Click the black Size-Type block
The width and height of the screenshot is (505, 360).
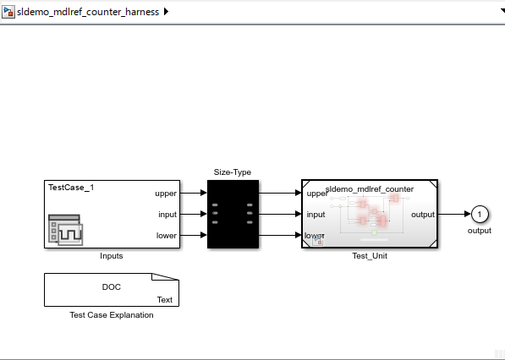tap(233, 215)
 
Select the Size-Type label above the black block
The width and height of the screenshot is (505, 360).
tap(233, 172)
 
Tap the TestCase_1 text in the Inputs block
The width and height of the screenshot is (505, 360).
tap(71, 188)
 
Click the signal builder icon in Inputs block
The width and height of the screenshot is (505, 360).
tap(65, 230)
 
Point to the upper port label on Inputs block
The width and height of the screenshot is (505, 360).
tap(166, 194)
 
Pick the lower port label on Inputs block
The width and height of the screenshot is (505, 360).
tap(166, 236)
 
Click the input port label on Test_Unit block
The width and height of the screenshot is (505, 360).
tap(316, 215)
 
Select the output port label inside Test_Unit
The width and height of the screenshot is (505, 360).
tap(423, 215)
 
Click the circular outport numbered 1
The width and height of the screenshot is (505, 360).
tap(480, 215)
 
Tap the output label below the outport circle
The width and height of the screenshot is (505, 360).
tap(480, 231)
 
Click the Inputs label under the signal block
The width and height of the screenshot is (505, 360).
tap(112, 256)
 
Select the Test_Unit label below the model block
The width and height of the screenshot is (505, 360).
tap(370, 256)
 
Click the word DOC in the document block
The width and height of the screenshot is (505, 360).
tap(112, 287)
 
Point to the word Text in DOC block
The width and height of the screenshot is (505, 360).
tap(165, 300)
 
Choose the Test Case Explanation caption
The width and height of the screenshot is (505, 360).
tap(112, 315)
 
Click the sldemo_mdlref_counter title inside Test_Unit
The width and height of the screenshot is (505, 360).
tap(370, 188)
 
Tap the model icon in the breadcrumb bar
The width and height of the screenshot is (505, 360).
tap(8, 12)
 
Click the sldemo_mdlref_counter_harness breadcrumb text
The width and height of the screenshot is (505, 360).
tap(88, 12)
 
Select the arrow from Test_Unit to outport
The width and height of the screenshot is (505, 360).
tap(454, 214)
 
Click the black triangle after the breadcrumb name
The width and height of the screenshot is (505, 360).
tap(166, 12)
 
